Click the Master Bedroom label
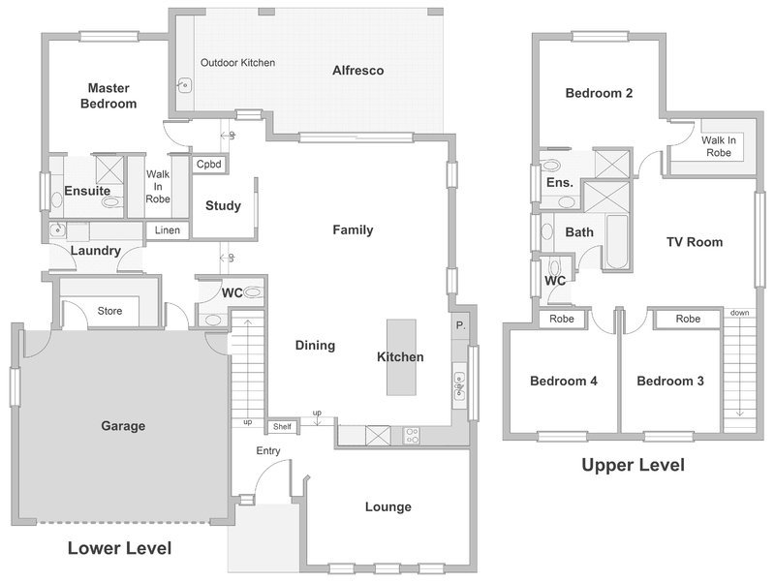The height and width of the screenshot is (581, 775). [x=108, y=96]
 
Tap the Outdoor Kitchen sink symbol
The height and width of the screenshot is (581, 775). [x=184, y=86]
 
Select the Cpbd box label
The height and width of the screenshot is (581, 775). [x=209, y=164]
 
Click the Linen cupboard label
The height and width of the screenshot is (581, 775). [x=167, y=230]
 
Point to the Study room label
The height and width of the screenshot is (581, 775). [x=223, y=205]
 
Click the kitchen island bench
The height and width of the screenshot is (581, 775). [x=401, y=357]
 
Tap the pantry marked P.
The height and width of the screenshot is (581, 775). [x=461, y=325]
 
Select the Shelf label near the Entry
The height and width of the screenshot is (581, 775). [x=282, y=426]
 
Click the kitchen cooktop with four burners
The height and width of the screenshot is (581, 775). [x=412, y=436]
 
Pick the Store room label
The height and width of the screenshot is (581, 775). [x=109, y=311]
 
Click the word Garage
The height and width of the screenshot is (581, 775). [x=123, y=426]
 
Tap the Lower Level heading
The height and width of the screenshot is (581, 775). [x=119, y=548]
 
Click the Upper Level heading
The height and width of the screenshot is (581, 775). [x=634, y=465]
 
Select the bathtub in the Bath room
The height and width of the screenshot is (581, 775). [x=617, y=241]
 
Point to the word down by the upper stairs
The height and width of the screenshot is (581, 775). [x=739, y=313]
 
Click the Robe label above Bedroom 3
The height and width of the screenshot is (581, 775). [x=688, y=320]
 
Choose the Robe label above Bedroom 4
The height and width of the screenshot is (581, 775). [x=562, y=320]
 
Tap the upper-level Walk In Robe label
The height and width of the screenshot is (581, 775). [x=719, y=146]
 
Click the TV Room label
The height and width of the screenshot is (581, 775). [x=695, y=242]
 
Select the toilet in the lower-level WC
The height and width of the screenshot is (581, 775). [x=252, y=292]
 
